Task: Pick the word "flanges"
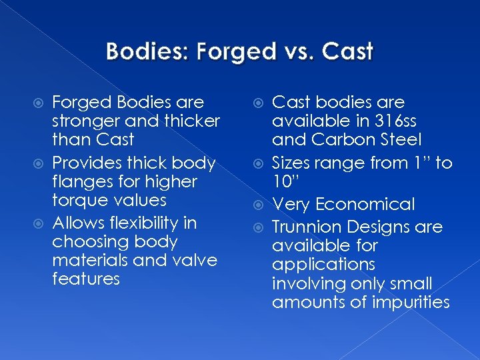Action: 80,181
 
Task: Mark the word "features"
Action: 86,279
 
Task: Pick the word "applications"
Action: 323,265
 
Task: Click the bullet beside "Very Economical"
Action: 261,205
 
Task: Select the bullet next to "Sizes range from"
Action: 261,163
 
